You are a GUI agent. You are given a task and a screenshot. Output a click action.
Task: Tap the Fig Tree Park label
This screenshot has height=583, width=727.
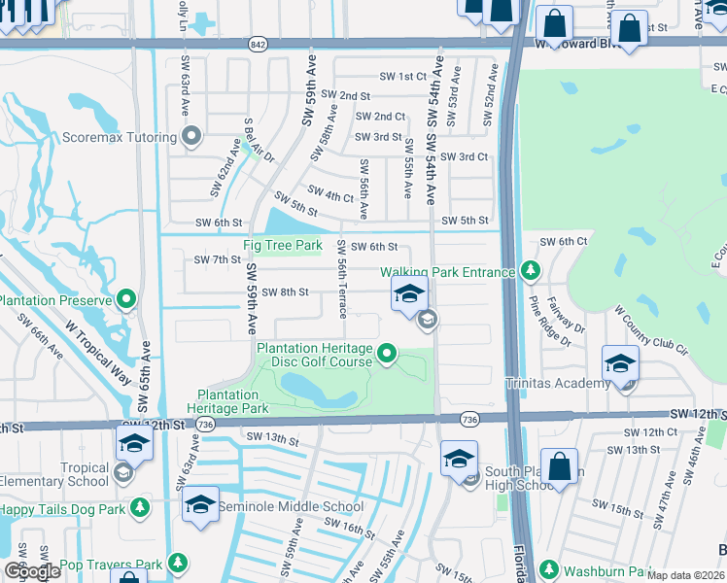coord(282,246)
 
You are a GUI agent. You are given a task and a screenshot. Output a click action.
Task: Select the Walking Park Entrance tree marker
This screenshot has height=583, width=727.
coord(530,269)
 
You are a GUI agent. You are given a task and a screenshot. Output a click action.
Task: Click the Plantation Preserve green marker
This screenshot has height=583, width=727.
coord(126,299)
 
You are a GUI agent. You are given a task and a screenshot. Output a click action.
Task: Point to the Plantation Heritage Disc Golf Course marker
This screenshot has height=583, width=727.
coord(387,354)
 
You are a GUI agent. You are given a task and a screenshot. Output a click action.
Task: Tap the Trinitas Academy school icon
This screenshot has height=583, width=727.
coord(620,364)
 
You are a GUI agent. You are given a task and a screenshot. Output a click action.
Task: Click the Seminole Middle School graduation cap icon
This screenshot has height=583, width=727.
coord(200,505)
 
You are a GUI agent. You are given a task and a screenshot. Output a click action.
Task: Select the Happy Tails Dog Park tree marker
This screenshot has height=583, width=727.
coord(141,507)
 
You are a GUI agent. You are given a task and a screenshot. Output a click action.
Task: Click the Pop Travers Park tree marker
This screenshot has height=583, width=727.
coord(177,563)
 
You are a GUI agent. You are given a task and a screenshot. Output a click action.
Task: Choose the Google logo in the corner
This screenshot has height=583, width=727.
coord(32,570)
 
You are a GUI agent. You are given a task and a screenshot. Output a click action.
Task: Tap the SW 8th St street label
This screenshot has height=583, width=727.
coord(285,292)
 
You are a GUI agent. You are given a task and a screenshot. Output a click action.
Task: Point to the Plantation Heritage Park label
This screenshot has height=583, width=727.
coord(228,402)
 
